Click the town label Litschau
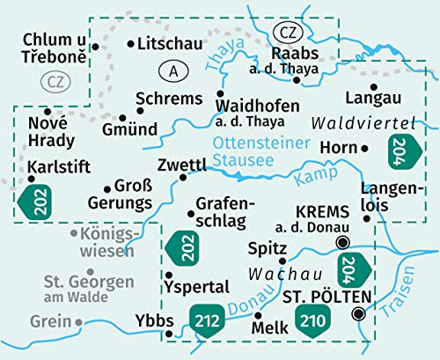point(171,43)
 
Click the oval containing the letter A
point(171,70)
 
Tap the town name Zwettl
point(180,165)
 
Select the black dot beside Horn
point(366,148)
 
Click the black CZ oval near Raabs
point(287,33)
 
